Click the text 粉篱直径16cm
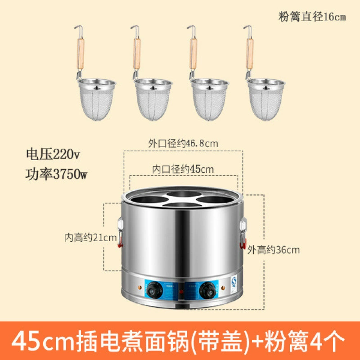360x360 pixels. point(312,17)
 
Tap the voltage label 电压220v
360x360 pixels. point(53,154)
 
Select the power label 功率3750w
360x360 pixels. point(56,174)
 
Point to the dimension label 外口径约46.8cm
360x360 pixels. point(183,144)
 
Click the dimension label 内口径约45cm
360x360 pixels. point(183,170)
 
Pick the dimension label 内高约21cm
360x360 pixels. point(90,238)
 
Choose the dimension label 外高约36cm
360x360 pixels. point(274,250)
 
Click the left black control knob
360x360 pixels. point(154,291)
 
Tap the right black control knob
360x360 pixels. point(208,291)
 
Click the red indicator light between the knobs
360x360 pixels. point(181,292)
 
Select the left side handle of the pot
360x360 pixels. point(120,233)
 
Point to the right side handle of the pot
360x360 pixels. point(243,233)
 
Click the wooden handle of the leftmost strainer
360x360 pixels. point(81,54)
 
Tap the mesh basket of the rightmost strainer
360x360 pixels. point(266,100)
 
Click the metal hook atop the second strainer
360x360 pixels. point(135,31)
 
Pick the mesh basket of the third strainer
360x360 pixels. point(209,100)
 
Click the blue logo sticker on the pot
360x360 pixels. point(234,282)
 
